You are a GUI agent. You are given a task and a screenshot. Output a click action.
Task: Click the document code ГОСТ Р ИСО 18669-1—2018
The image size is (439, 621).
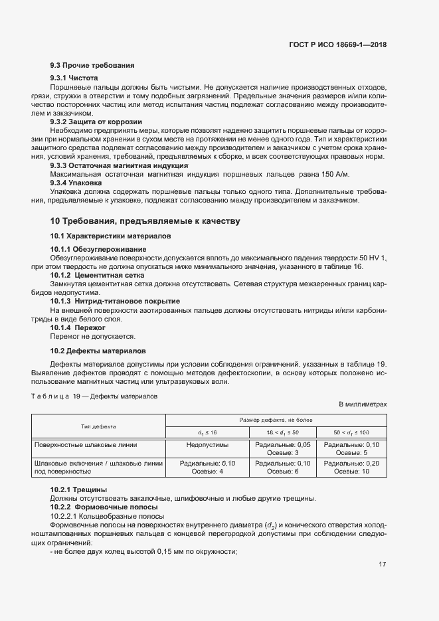[338, 44]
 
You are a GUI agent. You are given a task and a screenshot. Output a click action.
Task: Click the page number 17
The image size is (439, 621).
[382, 565]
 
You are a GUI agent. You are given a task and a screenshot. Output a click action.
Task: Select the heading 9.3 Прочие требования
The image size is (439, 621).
[92, 65]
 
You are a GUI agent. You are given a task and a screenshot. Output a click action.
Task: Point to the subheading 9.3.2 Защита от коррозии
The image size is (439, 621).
[96, 122]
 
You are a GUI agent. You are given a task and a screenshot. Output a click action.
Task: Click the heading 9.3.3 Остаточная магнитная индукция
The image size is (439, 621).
[119, 165]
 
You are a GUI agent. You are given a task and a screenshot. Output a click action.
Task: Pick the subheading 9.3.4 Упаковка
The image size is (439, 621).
[76, 182]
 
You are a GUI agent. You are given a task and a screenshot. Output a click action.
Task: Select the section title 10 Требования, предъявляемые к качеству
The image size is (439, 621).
[145, 221]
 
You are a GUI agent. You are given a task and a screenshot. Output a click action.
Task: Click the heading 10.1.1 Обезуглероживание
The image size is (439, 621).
[98, 249]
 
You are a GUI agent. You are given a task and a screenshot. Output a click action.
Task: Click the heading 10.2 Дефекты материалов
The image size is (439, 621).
[98, 350]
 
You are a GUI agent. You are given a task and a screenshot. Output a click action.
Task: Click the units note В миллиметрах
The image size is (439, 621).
[363, 404]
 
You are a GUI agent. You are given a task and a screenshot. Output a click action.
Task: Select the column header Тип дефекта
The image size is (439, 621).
[98, 427]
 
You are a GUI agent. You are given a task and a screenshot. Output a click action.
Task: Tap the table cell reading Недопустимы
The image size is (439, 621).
[207, 444]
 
